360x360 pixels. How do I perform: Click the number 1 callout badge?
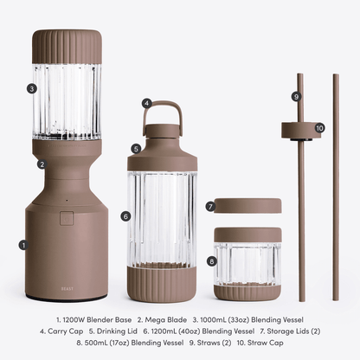tap(24, 245)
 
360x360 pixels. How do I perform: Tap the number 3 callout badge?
tap(32, 88)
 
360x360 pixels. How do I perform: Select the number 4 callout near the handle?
tap(147, 103)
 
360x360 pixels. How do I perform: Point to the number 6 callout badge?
tap(125, 216)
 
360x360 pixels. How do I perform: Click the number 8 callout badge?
tap(212, 261)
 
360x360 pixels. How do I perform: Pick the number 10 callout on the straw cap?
tap(319, 128)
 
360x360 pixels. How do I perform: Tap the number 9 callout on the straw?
tap(296, 96)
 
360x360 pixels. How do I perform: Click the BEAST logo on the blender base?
tap(67, 288)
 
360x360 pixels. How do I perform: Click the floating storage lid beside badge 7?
tap(248, 205)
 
